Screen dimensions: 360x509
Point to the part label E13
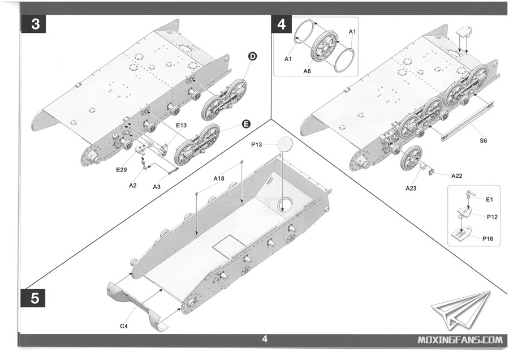[x=182, y=125]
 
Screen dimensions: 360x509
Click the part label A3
[x=157, y=186]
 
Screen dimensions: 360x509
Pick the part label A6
[x=307, y=71]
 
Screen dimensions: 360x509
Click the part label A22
[x=457, y=176]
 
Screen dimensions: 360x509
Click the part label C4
[x=123, y=326]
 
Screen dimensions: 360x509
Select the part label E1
[x=489, y=199]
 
